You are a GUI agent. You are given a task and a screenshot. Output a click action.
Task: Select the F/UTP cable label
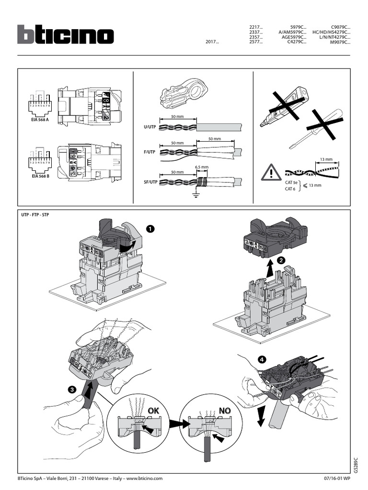point(150,152)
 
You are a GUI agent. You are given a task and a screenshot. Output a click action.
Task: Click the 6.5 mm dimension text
point(202,167)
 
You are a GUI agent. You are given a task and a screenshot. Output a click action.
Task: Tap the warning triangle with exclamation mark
point(271,172)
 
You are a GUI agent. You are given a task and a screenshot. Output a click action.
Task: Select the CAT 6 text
point(290,189)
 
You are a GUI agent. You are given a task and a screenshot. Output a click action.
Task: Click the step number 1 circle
point(151,229)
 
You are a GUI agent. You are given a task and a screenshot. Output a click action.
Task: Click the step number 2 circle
point(282,259)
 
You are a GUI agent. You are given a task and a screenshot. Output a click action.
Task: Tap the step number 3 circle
point(71,390)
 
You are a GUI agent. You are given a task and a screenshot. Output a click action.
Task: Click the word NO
point(225,411)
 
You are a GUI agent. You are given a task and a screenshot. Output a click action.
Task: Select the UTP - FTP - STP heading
point(35,215)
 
